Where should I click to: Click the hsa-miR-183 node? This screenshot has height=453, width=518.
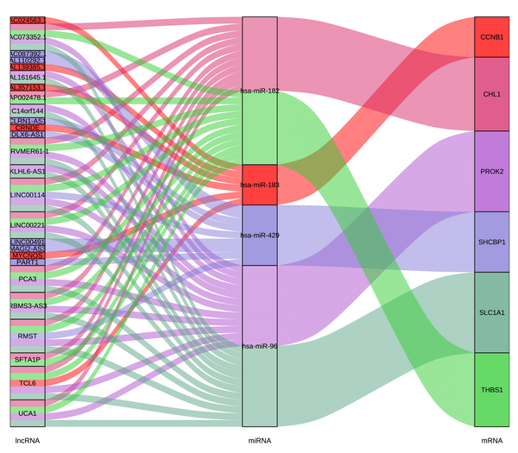260,185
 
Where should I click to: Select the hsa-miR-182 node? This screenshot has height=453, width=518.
260,91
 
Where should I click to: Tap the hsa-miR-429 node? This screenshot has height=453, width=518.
260,235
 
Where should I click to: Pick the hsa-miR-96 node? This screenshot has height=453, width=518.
260,346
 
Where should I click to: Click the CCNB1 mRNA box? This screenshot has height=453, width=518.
492,38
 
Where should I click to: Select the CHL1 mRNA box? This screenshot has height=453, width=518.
492,94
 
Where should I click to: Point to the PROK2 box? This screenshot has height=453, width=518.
492,171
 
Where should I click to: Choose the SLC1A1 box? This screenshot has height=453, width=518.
492,311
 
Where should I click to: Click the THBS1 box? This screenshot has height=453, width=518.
492,390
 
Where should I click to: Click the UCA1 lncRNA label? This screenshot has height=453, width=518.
27,414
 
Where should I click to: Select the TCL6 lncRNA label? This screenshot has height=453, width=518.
27,382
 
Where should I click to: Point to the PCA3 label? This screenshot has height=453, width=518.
27,280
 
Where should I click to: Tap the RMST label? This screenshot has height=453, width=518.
27,336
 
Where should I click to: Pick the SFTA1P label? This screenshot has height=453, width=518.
27,359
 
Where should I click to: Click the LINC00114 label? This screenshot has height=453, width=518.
27,195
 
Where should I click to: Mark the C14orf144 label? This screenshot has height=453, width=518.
27,111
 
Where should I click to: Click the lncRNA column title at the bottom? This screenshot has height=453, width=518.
27,440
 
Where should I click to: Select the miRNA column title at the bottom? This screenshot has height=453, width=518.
260,440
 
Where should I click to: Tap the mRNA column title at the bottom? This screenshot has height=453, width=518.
492,440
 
